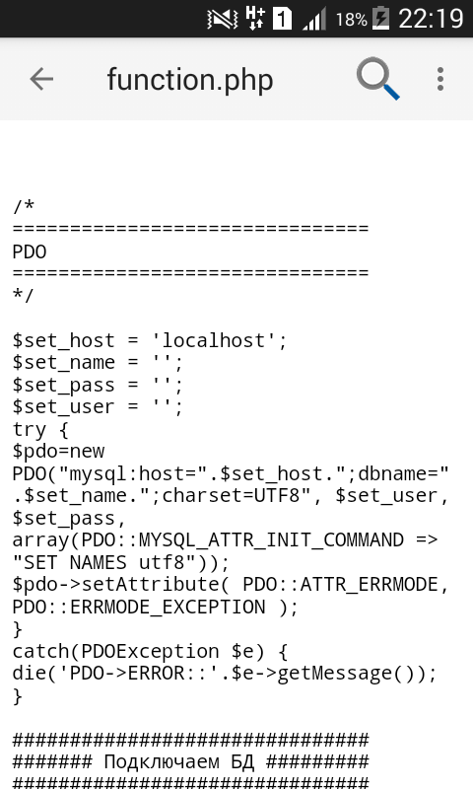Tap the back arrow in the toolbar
coord(41,79)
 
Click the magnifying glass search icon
coord(378,79)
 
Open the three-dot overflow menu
coord(440,79)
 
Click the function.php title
coord(190,80)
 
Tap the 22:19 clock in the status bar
coord(431,19)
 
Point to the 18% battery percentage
coord(352,20)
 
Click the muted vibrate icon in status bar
coord(222,19)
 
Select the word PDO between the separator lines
coord(30,251)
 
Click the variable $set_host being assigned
coord(63,340)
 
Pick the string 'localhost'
coord(214,340)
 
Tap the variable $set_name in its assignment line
coord(63,363)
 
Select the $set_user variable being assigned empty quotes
coord(63,407)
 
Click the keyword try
coord(30,430)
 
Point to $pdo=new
coord(58,452)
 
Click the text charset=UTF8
coord(231,496)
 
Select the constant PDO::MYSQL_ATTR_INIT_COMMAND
coord(242,539)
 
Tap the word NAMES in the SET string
coord(98,562)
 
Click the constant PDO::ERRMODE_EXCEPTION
coord(139,607)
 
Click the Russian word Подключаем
coord(162,761)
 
